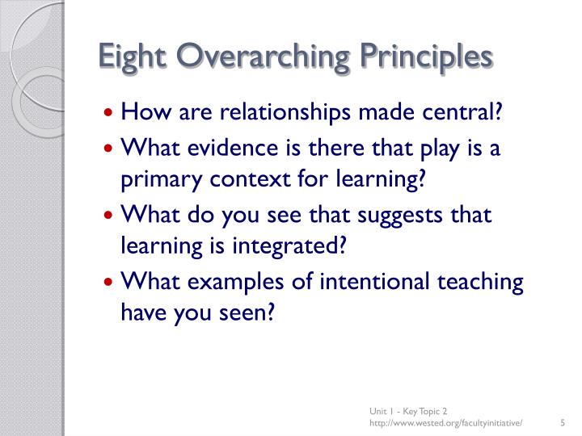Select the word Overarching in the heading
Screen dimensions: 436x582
261,58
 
